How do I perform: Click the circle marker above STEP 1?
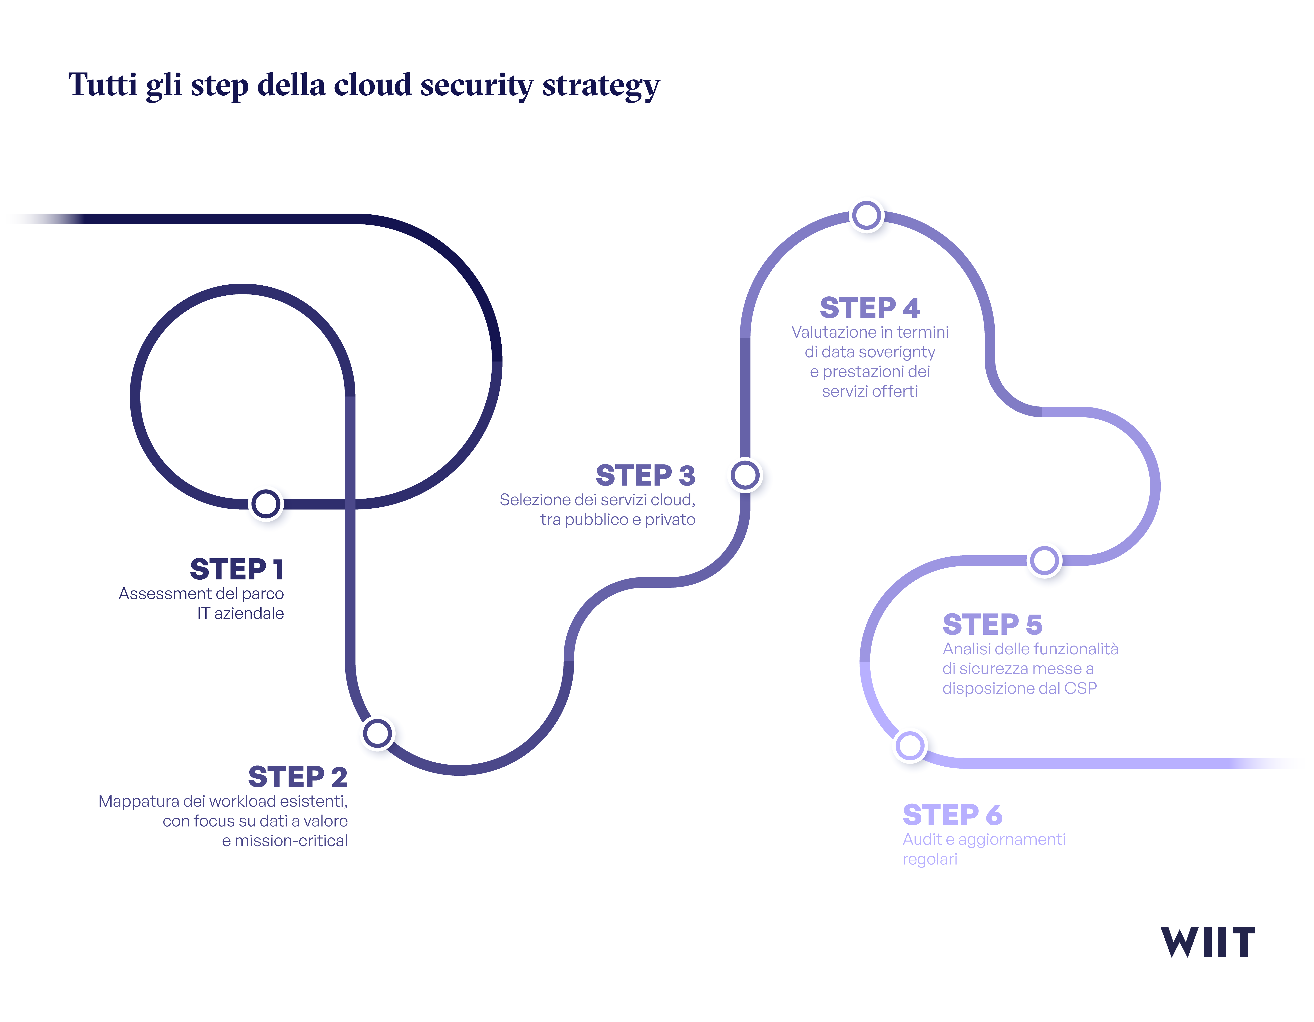(266, 504)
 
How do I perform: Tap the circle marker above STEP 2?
(378, 734)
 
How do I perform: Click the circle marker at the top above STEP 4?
(867, 216)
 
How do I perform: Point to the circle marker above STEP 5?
(1045, 561)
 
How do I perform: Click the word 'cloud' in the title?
(373, 85)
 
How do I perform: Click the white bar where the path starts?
(42, 217)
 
